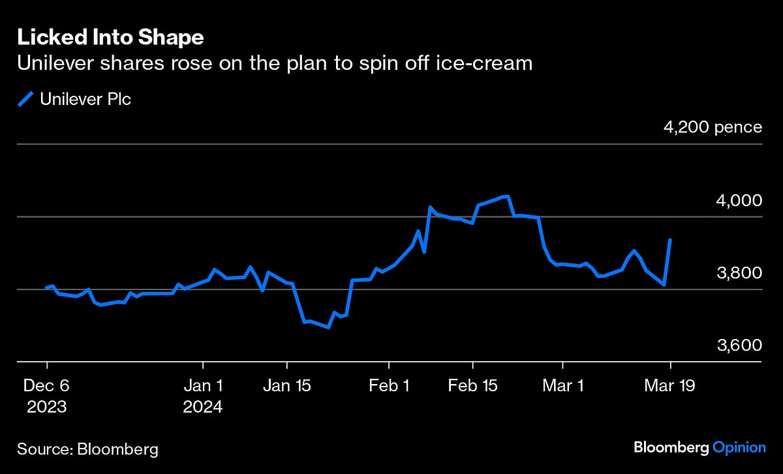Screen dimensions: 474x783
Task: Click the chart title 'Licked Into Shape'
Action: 110,38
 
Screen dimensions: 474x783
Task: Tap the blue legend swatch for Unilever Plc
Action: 25,99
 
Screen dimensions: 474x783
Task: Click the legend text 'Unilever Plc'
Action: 85,99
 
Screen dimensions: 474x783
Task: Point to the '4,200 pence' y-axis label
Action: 713,126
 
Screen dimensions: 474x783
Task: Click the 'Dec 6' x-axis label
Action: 47,385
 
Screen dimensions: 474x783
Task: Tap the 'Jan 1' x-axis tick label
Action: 203,385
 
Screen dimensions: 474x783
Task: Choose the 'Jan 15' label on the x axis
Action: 286,385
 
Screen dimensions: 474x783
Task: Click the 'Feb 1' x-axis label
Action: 389,385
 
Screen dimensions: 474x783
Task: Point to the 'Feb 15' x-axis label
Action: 472,385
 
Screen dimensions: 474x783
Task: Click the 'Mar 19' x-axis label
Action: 670,385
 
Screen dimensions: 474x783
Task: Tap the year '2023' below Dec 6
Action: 47,407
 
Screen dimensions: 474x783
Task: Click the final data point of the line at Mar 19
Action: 670,240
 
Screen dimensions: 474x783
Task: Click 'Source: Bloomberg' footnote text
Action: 87,449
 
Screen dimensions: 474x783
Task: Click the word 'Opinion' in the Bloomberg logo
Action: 739,447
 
